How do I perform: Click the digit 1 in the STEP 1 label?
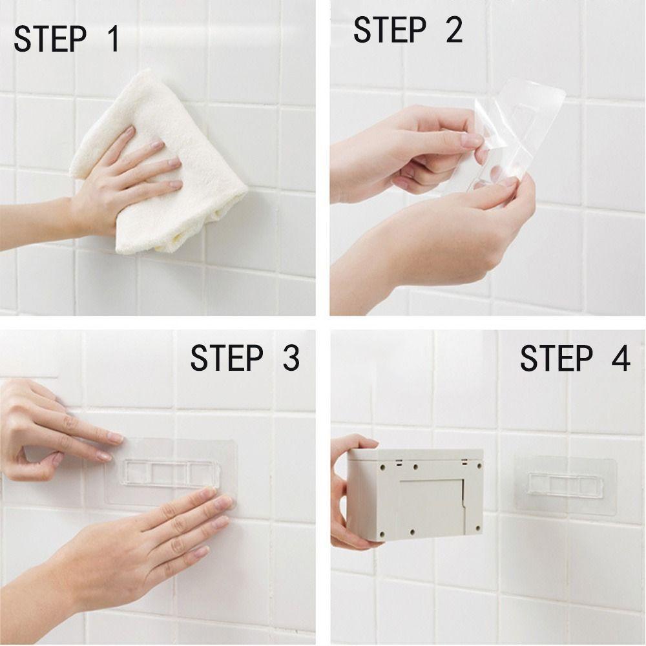pos(113,39)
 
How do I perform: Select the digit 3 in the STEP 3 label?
pos(291,357)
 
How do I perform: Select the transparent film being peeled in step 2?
pos(515,132)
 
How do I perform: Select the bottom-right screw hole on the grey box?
pos(478,528)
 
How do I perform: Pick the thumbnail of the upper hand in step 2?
pos(472,140)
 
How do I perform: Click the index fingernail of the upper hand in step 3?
pos(115,437)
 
